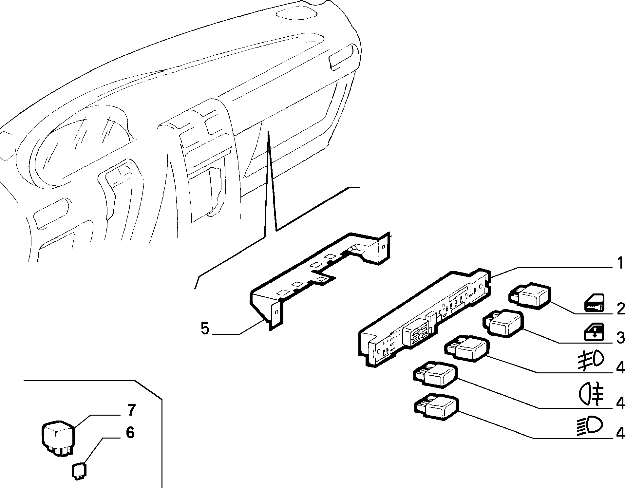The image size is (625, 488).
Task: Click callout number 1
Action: (x=619, y=263)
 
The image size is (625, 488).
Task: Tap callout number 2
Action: (x=620, y=309)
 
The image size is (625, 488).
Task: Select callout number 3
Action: (x=620, y=338)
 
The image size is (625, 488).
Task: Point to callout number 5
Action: (x=205, y=328)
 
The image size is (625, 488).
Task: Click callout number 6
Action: (x=130, y=433)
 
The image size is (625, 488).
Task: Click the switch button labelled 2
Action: (x=530, y=295)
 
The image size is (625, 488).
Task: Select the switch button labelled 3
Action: (x=503, y=323)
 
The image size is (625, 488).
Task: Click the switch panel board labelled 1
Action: (x=425, y=317)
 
